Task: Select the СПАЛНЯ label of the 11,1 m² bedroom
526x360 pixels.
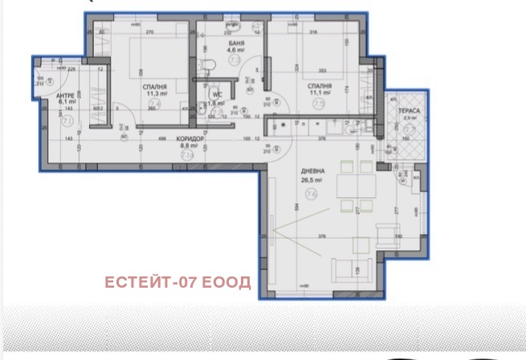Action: (x=320, y=85)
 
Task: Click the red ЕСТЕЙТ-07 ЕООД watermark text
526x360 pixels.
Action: (x=177, y=282)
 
